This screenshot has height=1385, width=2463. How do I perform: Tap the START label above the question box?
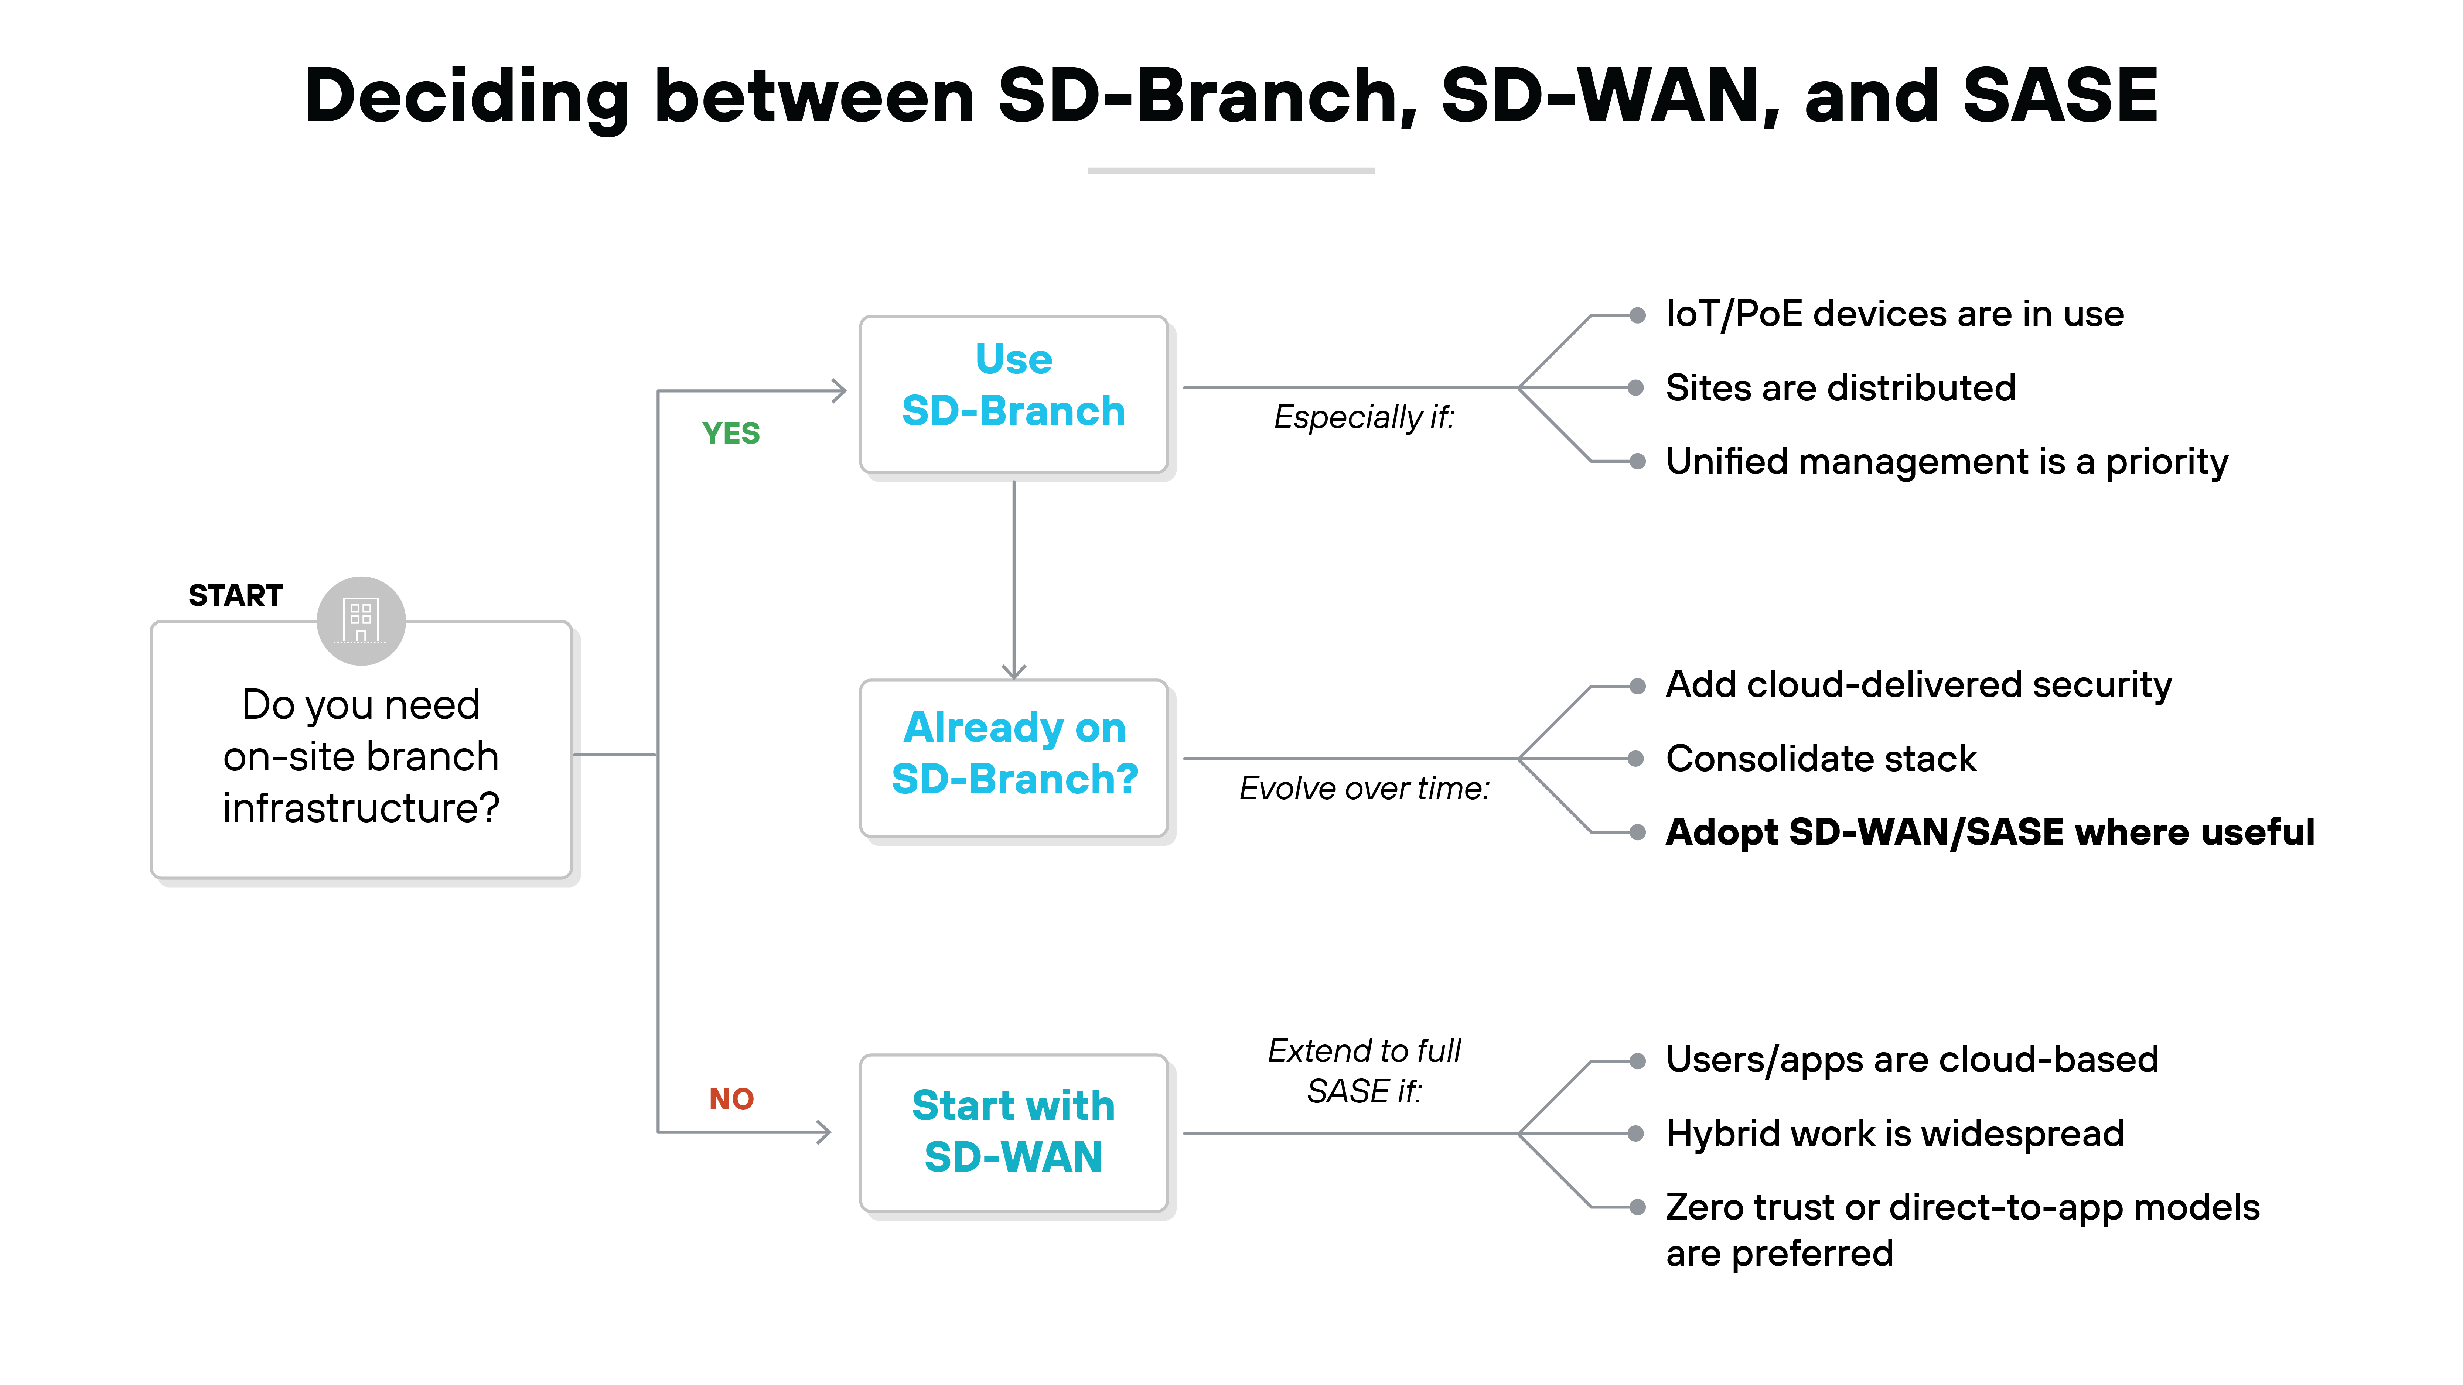[235, 595]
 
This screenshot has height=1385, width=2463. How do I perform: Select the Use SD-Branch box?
[1013, 394]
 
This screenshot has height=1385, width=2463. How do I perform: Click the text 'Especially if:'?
[1364, 418]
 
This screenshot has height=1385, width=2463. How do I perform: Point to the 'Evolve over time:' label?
[1364, 789]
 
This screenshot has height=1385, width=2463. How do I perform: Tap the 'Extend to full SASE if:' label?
[1364, 1071]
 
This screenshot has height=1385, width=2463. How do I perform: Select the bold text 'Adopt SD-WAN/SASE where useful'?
[1989, 832]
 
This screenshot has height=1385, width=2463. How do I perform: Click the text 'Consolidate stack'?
[1821, 759]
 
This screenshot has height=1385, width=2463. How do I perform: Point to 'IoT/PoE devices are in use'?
[1894, 314]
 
